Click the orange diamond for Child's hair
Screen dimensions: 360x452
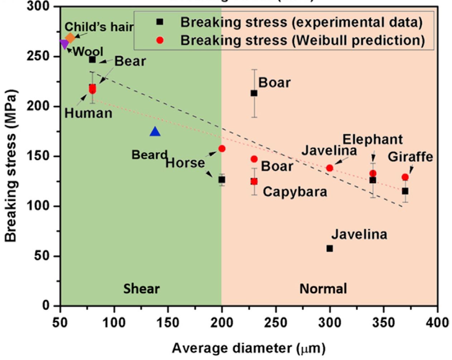(70, 38)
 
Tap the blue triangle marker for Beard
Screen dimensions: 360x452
(155, 132)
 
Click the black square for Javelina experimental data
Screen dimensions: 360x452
(330, 248)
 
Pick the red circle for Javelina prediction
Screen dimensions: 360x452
(330, 168)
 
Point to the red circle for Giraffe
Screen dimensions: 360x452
(405, 177)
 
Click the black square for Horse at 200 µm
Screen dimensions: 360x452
(222, 180)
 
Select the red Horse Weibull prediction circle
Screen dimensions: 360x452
(222, 149)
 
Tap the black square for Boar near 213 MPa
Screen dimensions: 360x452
(254, 93)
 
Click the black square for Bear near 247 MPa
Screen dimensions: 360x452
(92, 59)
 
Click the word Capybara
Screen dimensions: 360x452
(295, 192)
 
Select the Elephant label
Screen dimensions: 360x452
(372, 139)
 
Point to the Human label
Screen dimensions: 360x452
(88, 113)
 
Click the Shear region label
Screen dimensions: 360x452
(141, 289)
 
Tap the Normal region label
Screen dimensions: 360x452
(323, 289)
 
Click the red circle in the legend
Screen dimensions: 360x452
(160, 40)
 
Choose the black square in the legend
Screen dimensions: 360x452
(160, 22)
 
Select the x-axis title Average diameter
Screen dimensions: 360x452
(249, 348)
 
